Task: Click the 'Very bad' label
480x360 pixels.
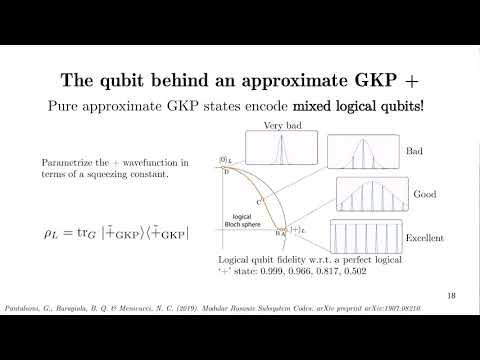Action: [x=285, y=125]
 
